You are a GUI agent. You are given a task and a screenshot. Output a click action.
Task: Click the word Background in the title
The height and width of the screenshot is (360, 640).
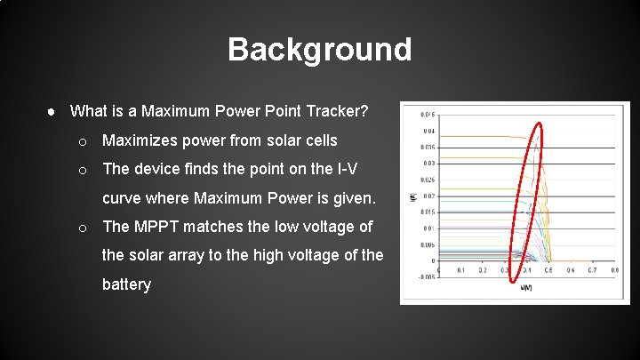pos(320,49)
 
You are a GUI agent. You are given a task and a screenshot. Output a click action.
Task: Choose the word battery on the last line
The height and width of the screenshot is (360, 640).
pos(126,285)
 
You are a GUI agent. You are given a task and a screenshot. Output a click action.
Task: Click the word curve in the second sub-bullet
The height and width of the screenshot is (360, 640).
pos(123,197)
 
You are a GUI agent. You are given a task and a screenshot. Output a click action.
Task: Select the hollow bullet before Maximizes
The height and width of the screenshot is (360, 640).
pos(82,141)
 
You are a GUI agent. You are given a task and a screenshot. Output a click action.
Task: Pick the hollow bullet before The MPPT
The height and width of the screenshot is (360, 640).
pos(82,228)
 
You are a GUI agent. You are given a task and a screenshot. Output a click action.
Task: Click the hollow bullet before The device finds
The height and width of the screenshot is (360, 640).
pos(82,170)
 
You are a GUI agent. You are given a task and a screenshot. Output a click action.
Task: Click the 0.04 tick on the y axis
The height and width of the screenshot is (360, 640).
pos(428,131)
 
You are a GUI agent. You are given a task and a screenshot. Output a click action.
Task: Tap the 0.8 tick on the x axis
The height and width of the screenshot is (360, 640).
pos(614,269)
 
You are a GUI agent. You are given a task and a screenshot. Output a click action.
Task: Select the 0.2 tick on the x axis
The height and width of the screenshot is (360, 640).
pos(482,269)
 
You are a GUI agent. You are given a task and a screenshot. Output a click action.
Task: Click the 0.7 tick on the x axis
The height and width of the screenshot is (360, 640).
pos(592,269)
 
